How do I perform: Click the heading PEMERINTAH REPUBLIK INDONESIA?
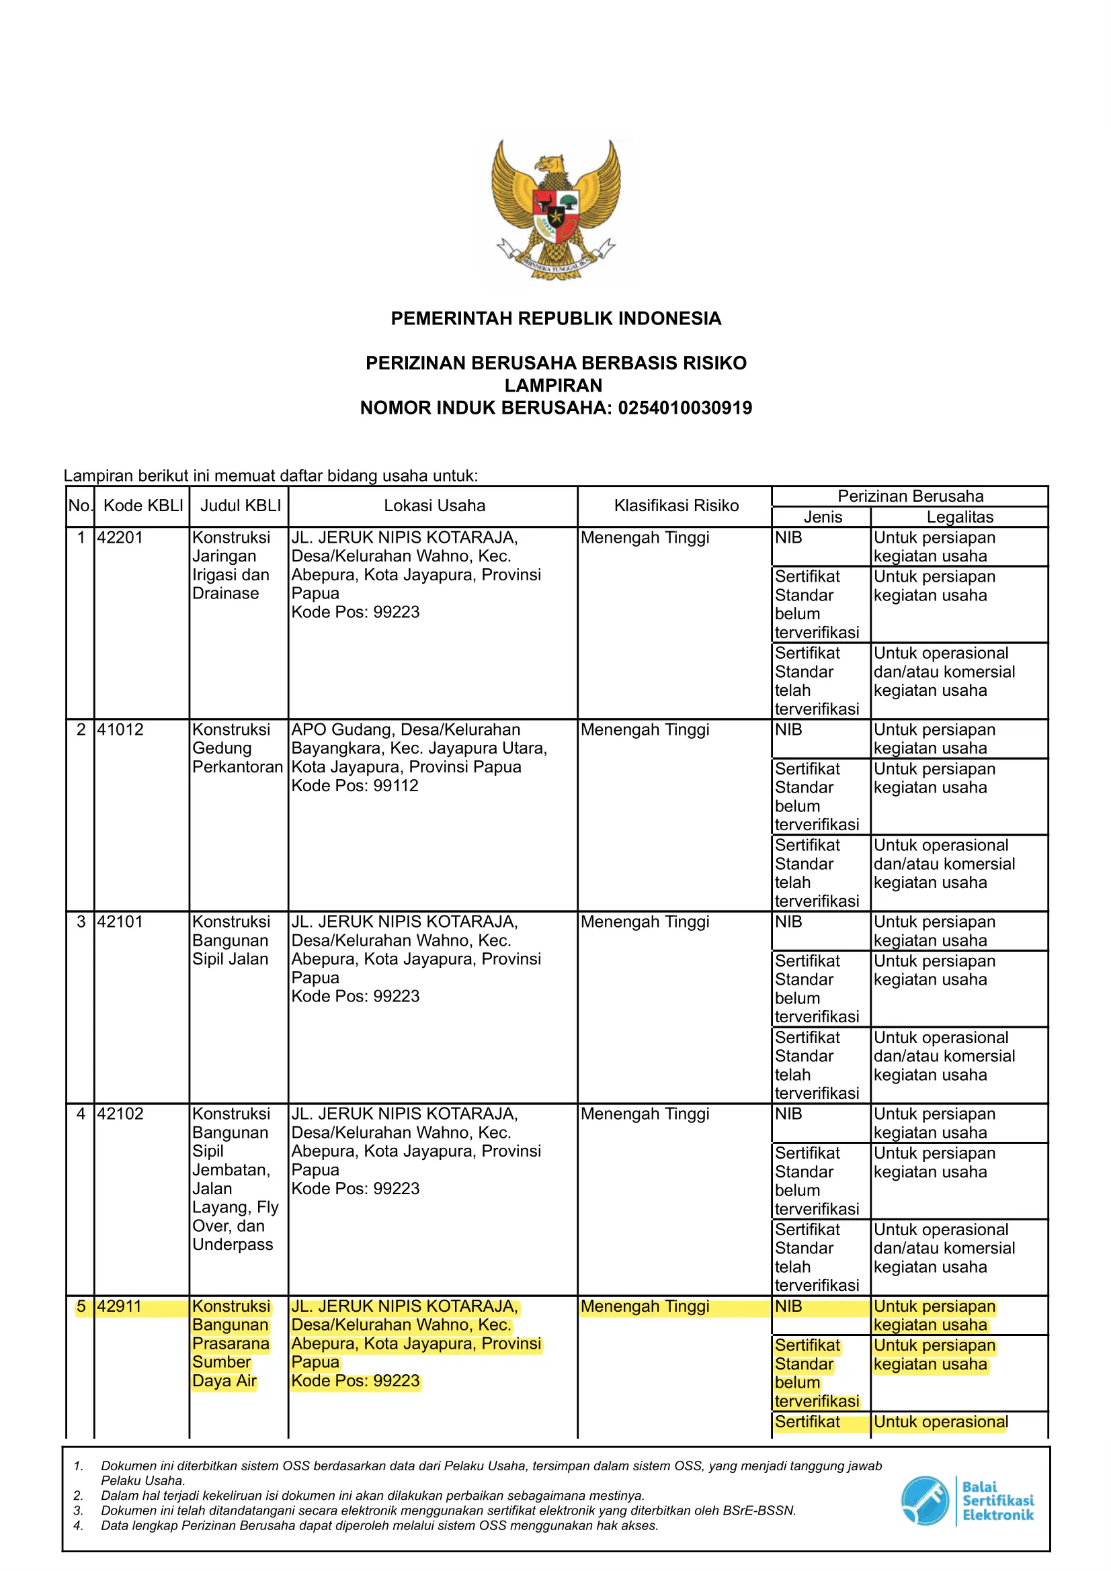(x=556, y=318)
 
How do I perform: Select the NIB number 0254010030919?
(x=684, y=408)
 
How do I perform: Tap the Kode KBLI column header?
(x=143, y=506)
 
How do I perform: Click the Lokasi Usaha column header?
(x=434, y=506)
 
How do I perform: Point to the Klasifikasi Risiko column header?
(x=675, y=506)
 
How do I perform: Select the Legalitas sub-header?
(x=960, y=517)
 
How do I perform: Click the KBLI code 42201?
(x=120, y=537)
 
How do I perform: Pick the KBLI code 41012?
(x=120, y=729)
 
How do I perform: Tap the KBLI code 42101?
(x=120, y=922)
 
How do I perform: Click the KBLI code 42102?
(x=120, y=1114)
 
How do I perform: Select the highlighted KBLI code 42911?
(x=120, y=1306)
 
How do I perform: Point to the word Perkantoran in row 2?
(x=237, y=767)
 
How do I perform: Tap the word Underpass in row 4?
(x=232, y=1245)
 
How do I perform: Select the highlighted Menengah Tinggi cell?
(x=645, y=1306)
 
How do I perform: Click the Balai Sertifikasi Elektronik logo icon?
(x=925, y=1500)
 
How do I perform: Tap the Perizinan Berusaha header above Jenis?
(x=910, y=496)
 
